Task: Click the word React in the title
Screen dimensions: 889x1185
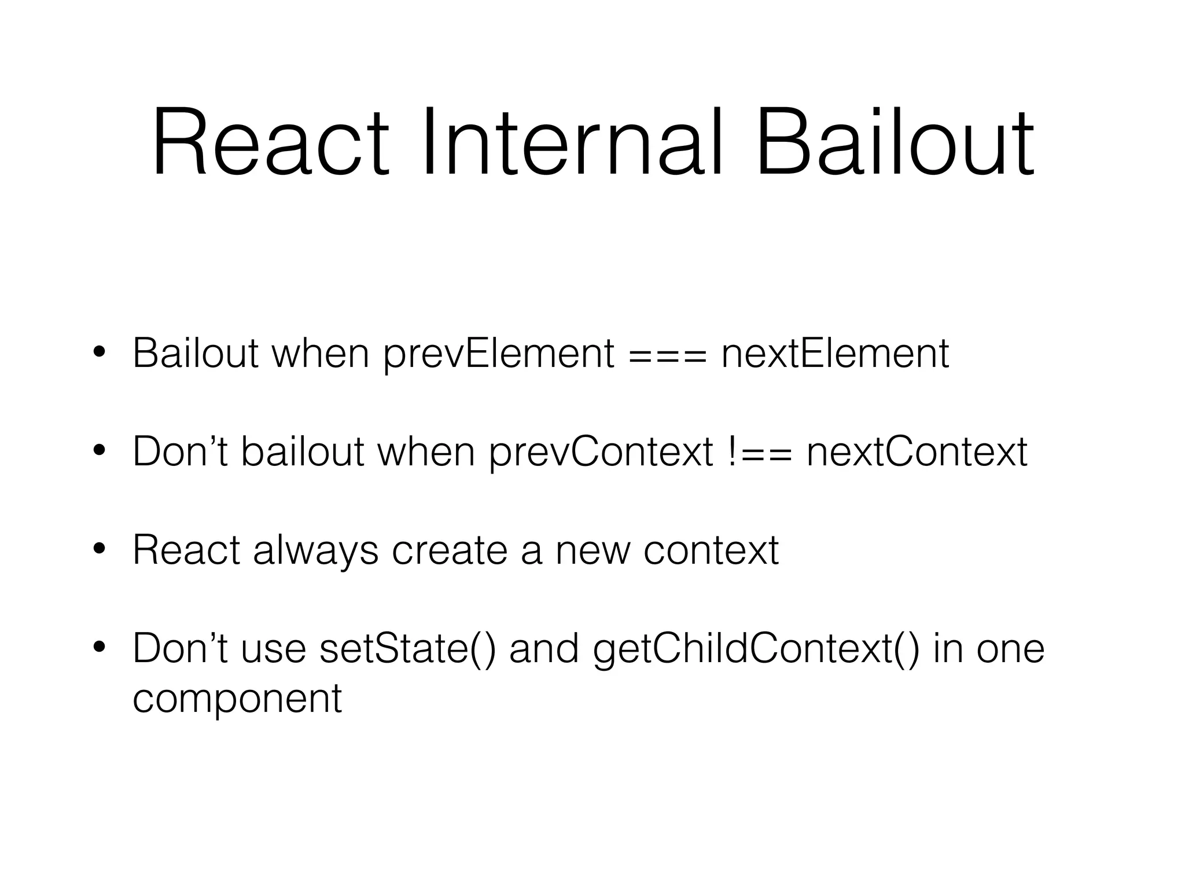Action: [270, 143]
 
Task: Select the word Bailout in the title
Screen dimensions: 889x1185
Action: [895, 143]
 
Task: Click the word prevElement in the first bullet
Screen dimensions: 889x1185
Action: [498, 354]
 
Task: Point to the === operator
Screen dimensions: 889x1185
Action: [668, 355]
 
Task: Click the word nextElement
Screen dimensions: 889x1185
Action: [835, 354]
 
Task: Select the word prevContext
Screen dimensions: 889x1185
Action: [601, 452]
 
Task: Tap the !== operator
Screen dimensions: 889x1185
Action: [759, 452]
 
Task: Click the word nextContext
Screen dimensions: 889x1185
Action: [917, 452]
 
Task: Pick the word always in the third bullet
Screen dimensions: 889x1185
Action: [315, 551]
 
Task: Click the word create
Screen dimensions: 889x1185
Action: [450, 551]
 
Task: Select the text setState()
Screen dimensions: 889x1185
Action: [407, 649]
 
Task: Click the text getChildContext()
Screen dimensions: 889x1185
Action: [756, 649]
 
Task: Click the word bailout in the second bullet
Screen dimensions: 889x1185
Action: [302, 452]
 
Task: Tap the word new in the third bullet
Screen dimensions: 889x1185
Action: [592, 551]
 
